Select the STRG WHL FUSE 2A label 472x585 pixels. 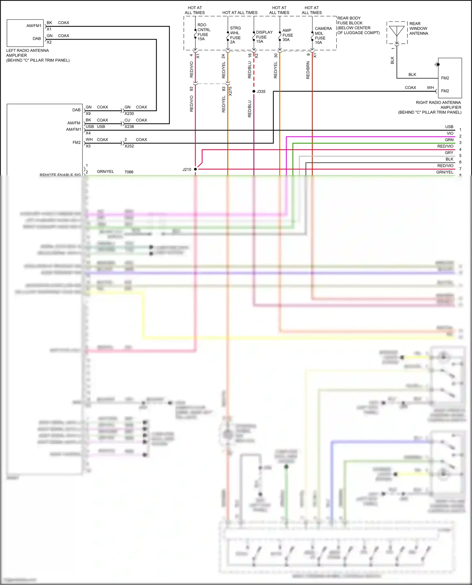click(x=235, y=35)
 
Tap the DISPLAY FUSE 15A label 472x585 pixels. click(x=264, y=37)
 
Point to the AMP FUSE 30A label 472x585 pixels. click(x=287, y=35)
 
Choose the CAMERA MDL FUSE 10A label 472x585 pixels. click(x=323, y=35)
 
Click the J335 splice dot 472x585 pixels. click(x=254, y=91)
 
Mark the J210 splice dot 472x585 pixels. click(x=195, y=169)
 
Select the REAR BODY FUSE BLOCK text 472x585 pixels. click(x=358, y=25)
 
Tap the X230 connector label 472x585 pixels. click(x=129, y=113)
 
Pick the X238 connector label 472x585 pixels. click(x=129, y=127)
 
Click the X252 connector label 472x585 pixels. click(x=129, y=146)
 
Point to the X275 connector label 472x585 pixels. click(x=230, y=91)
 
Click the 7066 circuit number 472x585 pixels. click(x=129, y=172)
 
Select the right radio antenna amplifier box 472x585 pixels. click(x=450, y=78)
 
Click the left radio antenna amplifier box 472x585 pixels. click(x=25, y=33)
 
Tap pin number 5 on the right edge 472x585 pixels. click(x=460, y=156)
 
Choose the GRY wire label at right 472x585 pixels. click(x=449, y=153)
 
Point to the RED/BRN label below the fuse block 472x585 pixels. click(x=308, y=70)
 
